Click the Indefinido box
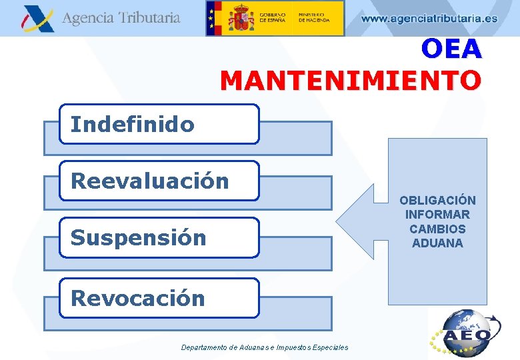[x=159, y=124]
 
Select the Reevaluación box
[x=159, y=181]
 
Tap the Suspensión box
[x=159, y=237]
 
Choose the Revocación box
[x=159, y=298]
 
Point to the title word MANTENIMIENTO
[x=351, y=81]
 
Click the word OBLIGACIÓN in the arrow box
[x=437, y=200]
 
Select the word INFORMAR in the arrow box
[x=437, y=215]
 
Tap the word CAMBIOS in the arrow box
[x=437, y=229]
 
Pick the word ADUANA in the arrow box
[x=437, y=243]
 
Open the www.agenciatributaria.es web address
[x=429, y=19]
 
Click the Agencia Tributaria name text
[x=121, y=18]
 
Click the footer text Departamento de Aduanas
[x=265, y=347]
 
